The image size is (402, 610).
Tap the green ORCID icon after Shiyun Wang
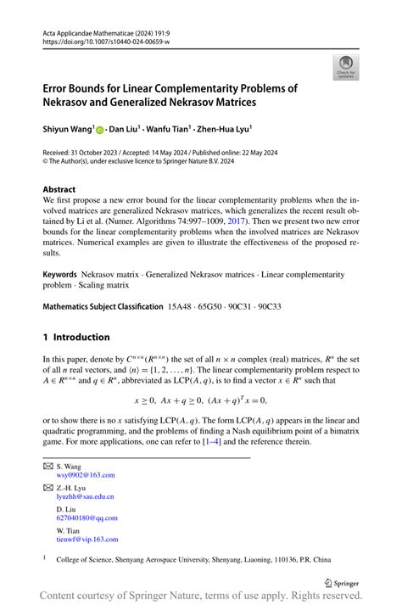(x=99, y=130)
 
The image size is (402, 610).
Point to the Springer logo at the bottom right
(x=348, y=584)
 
